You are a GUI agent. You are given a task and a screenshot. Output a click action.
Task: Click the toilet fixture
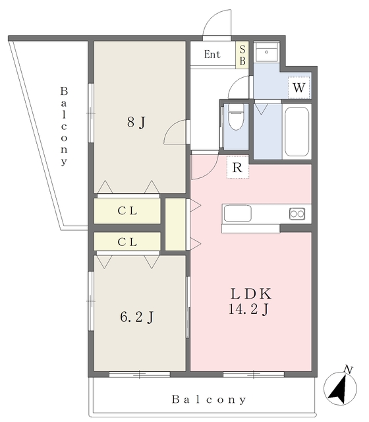pyautogui.click(x=236, y=117)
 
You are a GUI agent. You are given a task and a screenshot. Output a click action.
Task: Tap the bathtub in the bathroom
pyautogui.click(x=297, y=132)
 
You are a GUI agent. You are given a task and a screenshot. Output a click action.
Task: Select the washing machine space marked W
pyautogui.click(x=298, y=88)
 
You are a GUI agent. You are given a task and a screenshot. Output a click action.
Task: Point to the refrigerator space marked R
pyautogui.click(x=237, y=167)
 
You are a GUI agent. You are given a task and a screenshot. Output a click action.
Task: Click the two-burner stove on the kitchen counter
pyautogui.click(x=297, y=214)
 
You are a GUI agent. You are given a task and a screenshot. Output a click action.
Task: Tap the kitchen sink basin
pyautogui.click(x=238, y=214)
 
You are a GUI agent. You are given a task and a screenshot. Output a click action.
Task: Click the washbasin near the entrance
pyautogui.click(x=266, y=52)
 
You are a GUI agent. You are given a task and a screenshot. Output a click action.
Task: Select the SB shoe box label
pyautogui.click(x=242, y=55)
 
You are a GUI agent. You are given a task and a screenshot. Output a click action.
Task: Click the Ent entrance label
pyautogui.click(x=212, y=54)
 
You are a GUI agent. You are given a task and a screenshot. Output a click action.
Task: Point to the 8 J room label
pyautogui.click(x=136, y=122)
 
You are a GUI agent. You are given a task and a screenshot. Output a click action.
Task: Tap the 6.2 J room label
pyautogui.click(x=137, y=316)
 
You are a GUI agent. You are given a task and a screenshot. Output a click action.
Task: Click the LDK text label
pyautogui.click(x=251, y=293)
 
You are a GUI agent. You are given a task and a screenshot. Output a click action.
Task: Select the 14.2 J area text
pyautogui.click(x=249, y=309)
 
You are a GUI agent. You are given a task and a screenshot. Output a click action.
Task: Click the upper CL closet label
pyautogui.click(x=127, y=211)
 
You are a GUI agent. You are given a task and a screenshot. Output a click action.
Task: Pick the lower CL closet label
pyautogui.click(x=127, y=242)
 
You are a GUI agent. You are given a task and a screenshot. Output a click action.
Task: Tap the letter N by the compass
pyautogui.click(x=349, y=369)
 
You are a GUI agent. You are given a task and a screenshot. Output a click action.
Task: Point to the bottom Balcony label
pyautogui.click(x=209, y=400)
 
